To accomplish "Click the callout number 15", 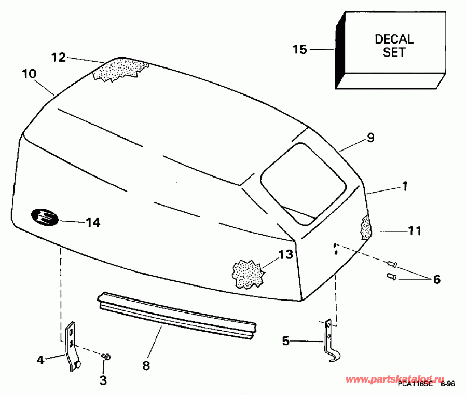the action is (299, 50).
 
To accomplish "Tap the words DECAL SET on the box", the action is (394, 46).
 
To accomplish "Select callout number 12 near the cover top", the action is (59, 57).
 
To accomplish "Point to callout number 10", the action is (29, 74).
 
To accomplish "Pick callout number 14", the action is (93, 223).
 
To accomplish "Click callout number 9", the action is (370, 138).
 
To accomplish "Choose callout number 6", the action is (436, 280).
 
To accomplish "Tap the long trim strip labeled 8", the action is (176, 313).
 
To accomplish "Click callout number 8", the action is (146, 365).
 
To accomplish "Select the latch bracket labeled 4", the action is (72, 347).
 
